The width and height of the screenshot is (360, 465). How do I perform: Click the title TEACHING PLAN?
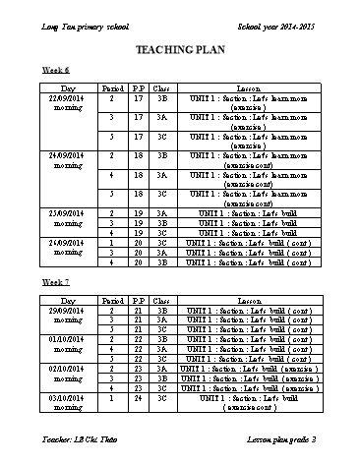coord(180,48)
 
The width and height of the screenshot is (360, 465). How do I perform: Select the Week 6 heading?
coord(54,72)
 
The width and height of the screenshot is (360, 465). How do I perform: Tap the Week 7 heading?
coord(54,282)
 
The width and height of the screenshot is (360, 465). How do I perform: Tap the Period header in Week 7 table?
coord(113,301)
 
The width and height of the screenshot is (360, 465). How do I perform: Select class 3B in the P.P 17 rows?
coord(163,99)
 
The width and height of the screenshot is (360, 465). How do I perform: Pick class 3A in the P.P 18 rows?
coord(163,174)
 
